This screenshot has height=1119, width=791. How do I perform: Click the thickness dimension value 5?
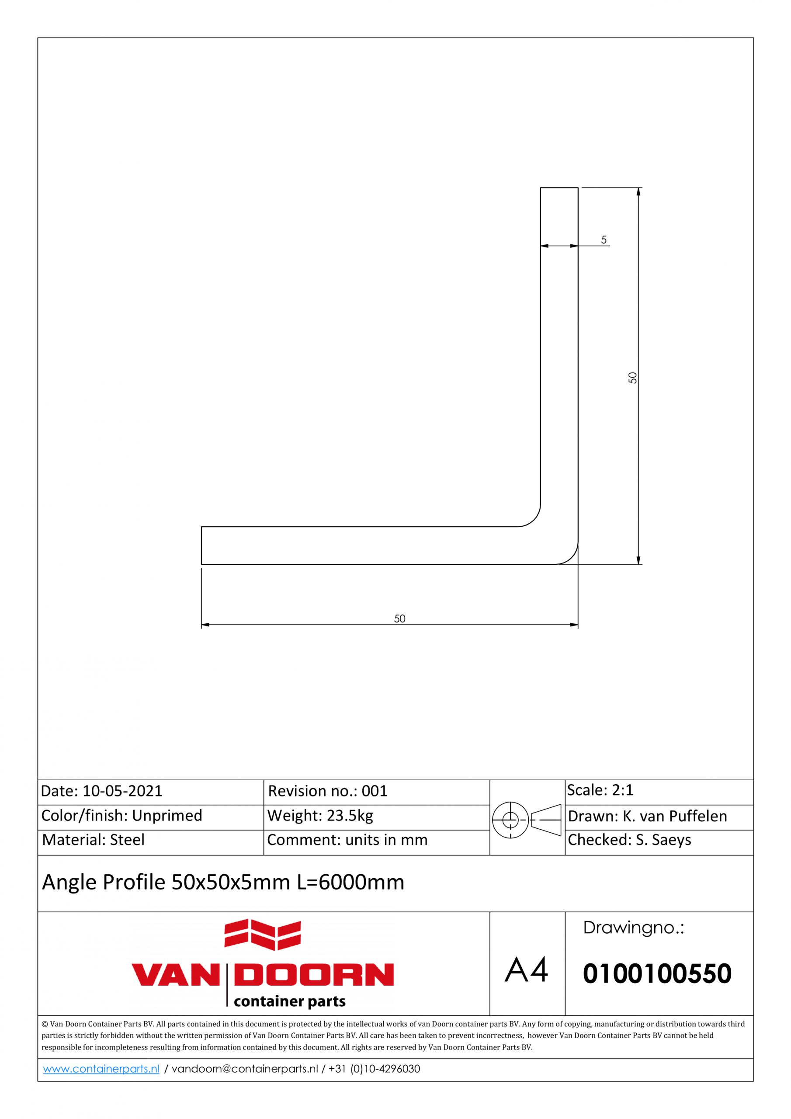pyautogui.click(x=604, y=240)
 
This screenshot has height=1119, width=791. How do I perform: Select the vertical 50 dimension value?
pyautogui.click(x=633, y=378)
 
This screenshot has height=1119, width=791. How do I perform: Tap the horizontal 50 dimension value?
pyautogui.click(x=399, y=619)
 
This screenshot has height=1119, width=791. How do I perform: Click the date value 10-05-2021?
pyautogui.click(x=122, y=791)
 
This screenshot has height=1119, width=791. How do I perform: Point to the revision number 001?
pyautogui.click(x=374, y=791)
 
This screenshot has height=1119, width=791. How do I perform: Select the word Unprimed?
pyautogui.click(x=167, y=815)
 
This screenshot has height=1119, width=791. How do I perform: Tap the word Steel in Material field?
pyautogui.click(x=127, y=840)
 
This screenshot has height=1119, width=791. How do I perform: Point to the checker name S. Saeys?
pyautogui.click(x=663, y=840)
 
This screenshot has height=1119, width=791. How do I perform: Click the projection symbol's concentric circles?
pyautogui.click(x=510, y=820)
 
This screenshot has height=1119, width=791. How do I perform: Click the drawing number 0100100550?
pyautogui.click(x=657, y=974)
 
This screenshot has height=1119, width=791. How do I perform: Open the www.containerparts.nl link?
pyautogui.click(x=101, y=1069)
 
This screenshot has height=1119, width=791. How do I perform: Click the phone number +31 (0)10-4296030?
pyautogui.click(x=374, y=1069)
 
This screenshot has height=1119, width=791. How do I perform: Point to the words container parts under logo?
pyautogui.click(x=289, y=1001)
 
